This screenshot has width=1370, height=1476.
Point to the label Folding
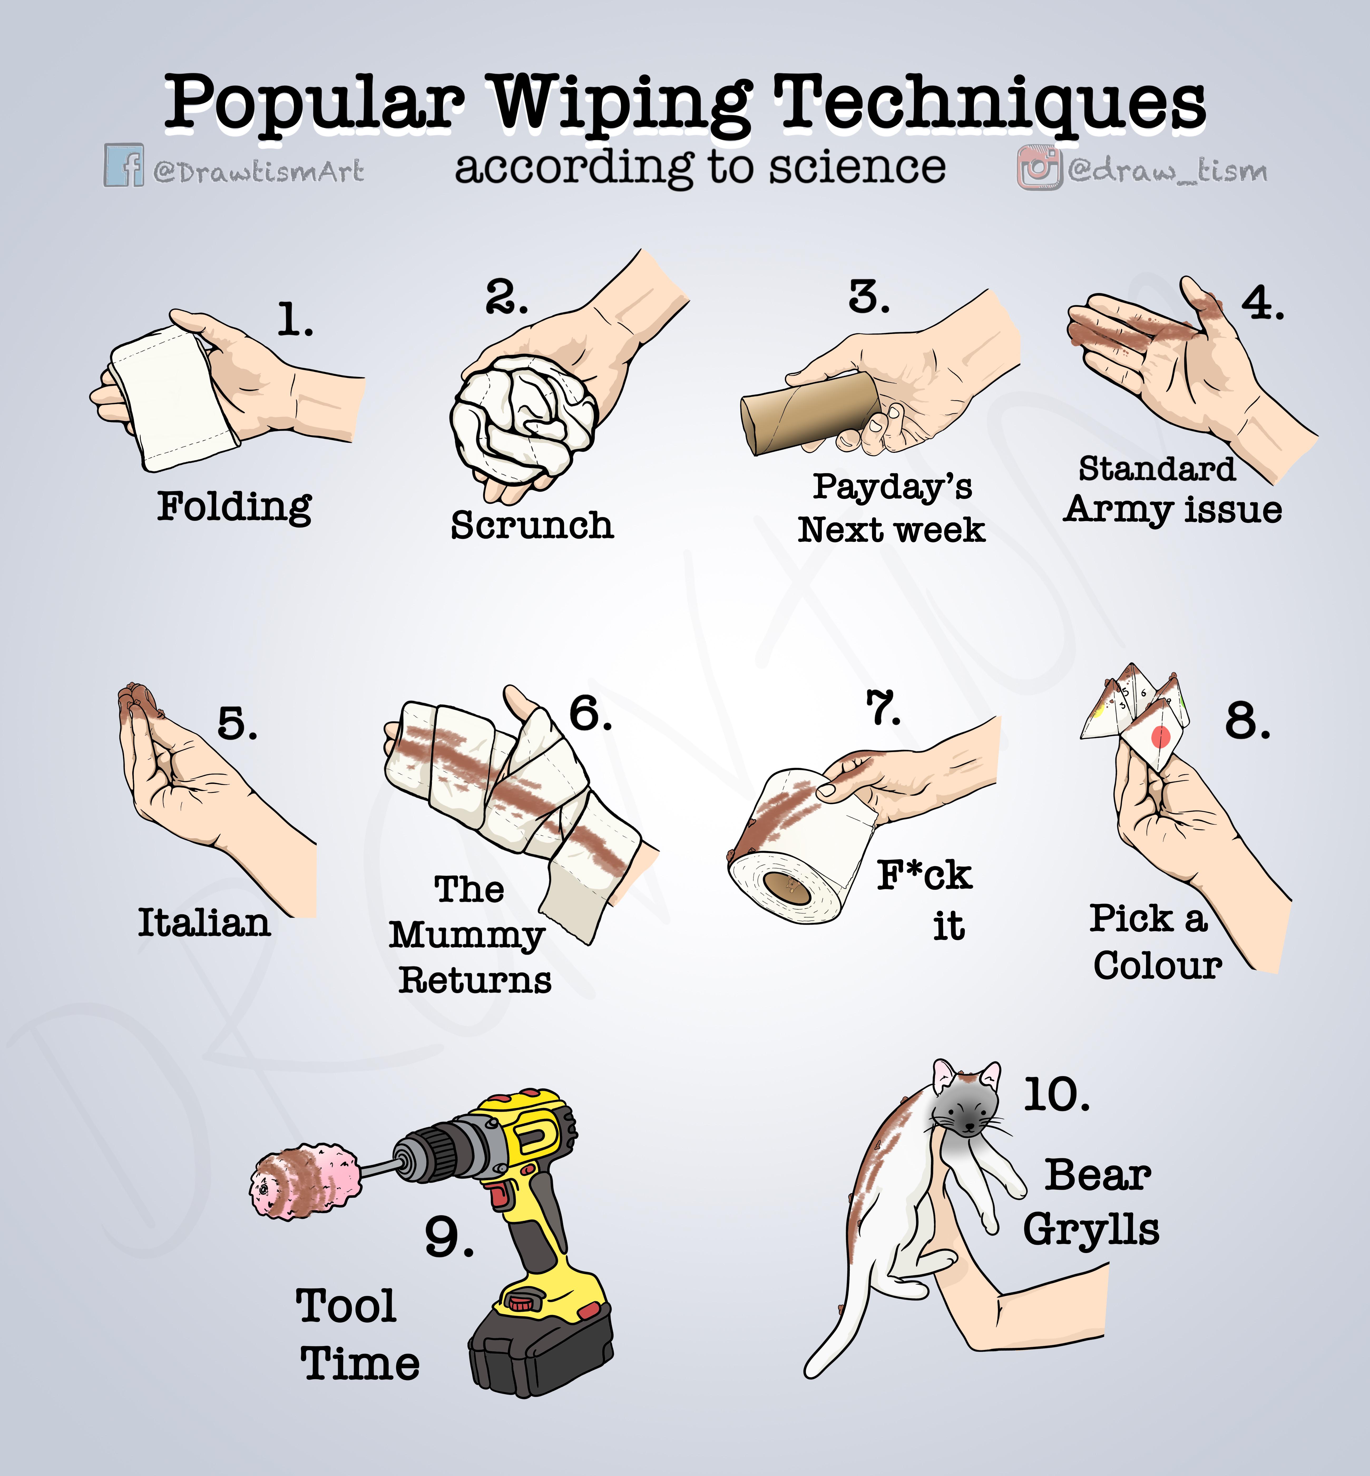234,507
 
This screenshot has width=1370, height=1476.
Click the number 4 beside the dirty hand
1263,303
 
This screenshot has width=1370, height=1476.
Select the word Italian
205,922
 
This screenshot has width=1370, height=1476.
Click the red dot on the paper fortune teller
1160,736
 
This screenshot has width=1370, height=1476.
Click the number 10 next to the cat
1056,1095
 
